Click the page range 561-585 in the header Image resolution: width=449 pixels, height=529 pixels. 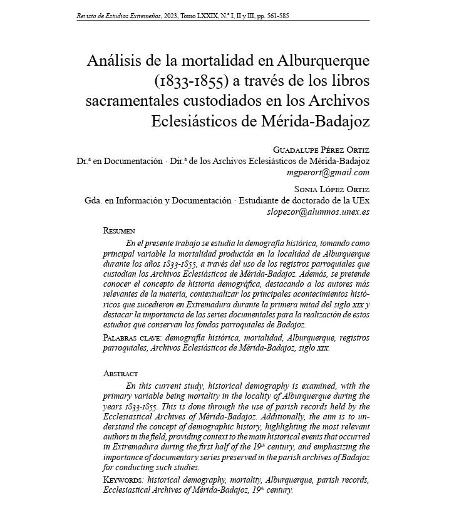(x=275, y=15)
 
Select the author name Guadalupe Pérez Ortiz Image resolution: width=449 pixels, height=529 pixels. (x=321, y=150)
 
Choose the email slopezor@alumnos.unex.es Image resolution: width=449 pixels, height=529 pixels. (x=318, y=212)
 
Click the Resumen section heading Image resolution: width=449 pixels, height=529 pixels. (x=119, y=231)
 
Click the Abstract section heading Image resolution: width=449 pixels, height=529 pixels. (x=120, y=374)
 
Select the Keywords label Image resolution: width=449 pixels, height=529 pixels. (x=124, y=480)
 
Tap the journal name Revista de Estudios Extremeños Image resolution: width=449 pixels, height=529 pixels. (x=115, y=15)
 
